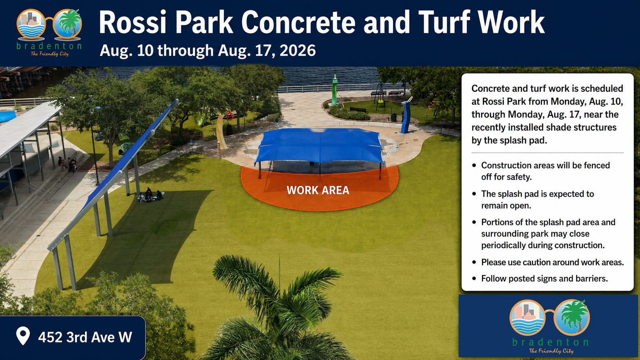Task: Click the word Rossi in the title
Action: pyautogui.click(x=132, y=22)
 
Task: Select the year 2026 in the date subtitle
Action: pyautogui.click(x=297, y=50)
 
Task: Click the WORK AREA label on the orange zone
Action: pyautogui.click(x=318, y=190)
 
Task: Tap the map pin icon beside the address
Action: pyautogui.click(x=23, y=336)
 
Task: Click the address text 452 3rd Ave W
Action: pyautogui.click(x=85, y=337)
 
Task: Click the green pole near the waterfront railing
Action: pyautogui.click(x=335, y=90)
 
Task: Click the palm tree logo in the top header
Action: pyautogui.click(x=68, y=24)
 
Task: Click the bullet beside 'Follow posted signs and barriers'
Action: pyautogui.click(x=474, y=279)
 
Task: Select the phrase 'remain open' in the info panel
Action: pyautogui.click(x=506, y=205)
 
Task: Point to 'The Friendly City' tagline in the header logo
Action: pyautogui.click(x=50, y=54)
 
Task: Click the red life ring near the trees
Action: pyautogui.click(x=230, y=116)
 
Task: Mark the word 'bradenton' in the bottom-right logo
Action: pyautogui.click(x=550, y=342)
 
